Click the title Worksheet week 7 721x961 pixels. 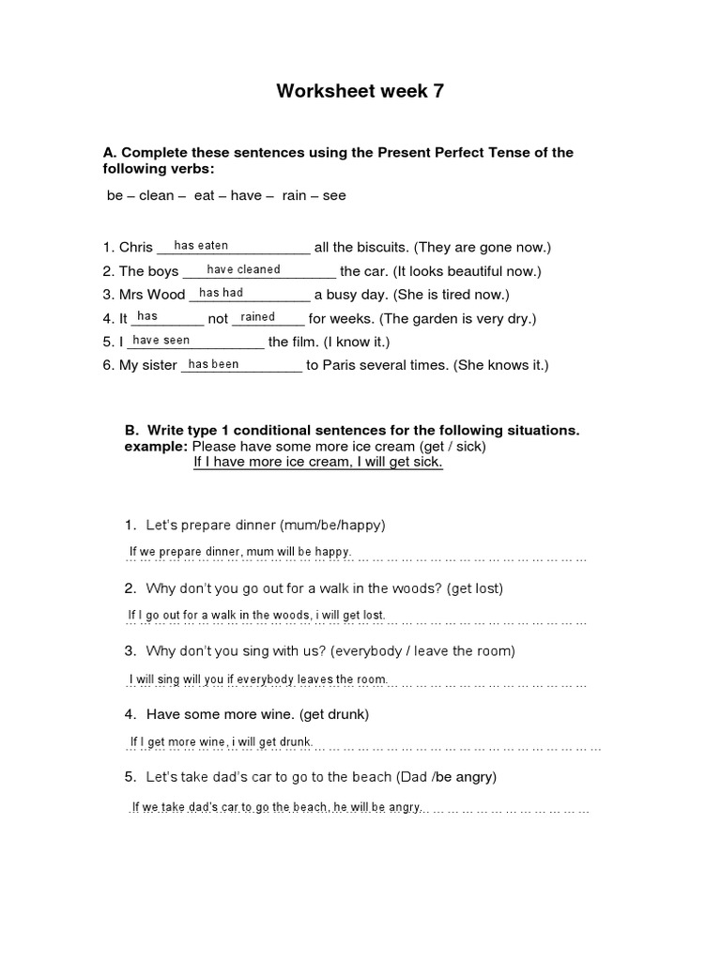pos(360,91)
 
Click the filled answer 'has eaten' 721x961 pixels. pos(201,246)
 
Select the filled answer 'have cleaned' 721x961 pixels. pos(243,269)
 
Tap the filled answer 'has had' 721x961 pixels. pos(221,293)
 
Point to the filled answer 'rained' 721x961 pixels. pos(258,317)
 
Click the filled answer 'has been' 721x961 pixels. pos(213,364)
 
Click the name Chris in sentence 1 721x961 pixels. pos(136,248)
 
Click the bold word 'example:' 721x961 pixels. pos(156,447)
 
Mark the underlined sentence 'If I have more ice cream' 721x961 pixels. pos(317,463)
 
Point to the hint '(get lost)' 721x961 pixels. pos(475,588)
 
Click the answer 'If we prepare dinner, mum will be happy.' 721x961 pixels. pos(239,552)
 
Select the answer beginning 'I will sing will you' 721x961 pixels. pos(257,679)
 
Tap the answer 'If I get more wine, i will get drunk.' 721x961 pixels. pos(221,742)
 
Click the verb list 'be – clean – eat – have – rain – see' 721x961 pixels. pos(225,196)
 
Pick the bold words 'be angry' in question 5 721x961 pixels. pos(465,777)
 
